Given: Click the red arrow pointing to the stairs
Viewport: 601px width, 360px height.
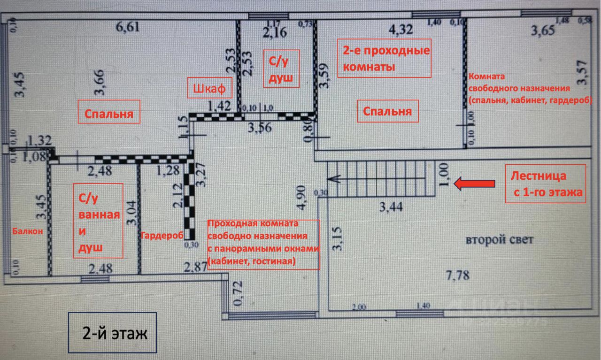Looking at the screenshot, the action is [x=475, y=184].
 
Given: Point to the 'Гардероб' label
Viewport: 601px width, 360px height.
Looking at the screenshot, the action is [x=161, y=236].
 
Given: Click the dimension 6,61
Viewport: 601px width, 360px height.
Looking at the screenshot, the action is [x=128, y=28].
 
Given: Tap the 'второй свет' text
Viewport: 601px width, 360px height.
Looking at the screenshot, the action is [x=500, y=239].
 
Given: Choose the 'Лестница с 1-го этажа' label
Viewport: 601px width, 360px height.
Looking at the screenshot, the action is [x=546, y=184].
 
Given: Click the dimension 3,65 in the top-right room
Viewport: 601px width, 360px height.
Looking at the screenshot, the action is [x=543, y=31].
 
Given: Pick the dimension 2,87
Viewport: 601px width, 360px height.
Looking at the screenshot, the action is [x=195, y=267].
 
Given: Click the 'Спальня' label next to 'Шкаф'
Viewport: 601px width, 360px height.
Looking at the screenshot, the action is [x=109, y=114].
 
